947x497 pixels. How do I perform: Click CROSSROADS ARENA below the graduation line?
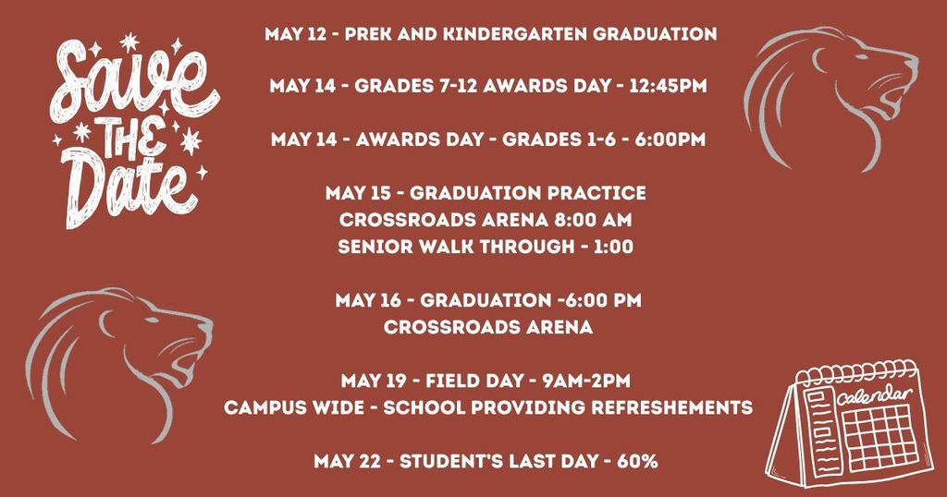click(487, 328)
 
